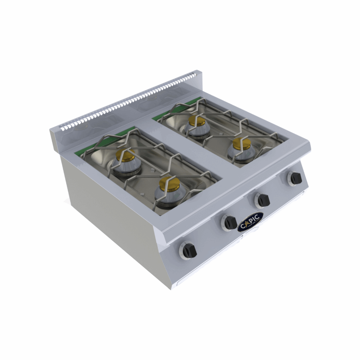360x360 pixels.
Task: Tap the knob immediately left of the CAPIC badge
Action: [230, 222]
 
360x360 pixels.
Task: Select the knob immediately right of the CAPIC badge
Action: [263, 200]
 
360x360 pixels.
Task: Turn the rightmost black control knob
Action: [295, 179]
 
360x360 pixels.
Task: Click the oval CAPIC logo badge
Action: [250, 221]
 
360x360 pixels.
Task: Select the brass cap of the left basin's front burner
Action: [170, 184]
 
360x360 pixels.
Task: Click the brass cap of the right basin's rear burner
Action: [197, 121]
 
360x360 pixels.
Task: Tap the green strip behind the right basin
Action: [177, 107]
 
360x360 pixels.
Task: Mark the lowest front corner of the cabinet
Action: [172, 289]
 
